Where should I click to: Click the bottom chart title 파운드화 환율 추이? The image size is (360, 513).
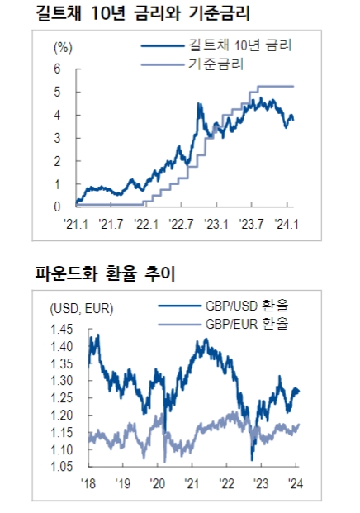[x=105, y=272]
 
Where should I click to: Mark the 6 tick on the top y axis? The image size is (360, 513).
[x=57, y=69]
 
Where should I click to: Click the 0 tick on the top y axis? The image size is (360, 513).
[x=57, y=207]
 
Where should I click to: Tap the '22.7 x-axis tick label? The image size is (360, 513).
[x=181, y=222]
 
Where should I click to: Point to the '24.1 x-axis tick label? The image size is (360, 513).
[x=286, y=222]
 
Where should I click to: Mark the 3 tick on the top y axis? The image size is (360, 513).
[x=57, y=138]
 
